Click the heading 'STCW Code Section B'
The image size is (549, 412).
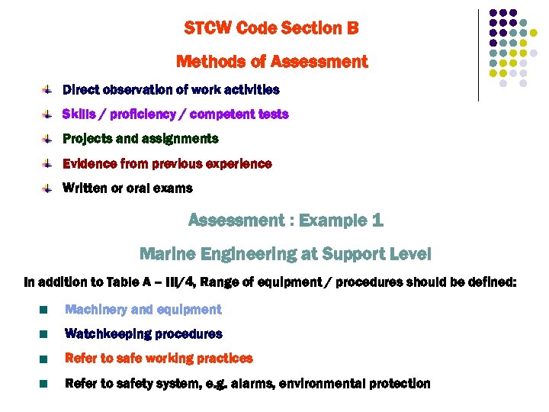[271, 29]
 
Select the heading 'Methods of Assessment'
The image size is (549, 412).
[271, 62]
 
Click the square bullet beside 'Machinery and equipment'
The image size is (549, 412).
[45, 310]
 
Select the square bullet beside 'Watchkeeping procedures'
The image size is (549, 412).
[45, 334]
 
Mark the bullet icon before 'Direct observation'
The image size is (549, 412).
[47, 90]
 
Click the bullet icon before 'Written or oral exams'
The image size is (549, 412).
[47, 188]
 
